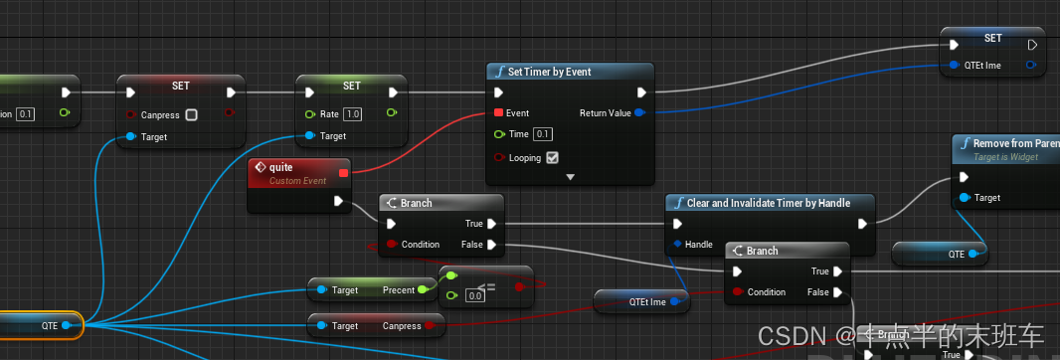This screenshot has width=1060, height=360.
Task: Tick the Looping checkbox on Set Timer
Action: [552, 157]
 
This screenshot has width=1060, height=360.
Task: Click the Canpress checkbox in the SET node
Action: [192, 115]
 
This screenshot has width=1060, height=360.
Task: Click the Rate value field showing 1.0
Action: [352, 115]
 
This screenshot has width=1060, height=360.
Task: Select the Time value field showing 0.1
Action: [543, 134]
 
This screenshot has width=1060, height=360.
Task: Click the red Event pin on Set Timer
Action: [498, 113]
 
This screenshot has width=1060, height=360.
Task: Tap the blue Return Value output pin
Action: [638, 113]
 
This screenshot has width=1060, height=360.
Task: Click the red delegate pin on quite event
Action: [343, 173]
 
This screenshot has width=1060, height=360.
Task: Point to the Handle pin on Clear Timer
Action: [678, 245]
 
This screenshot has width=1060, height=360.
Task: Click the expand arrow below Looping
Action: [571, 177]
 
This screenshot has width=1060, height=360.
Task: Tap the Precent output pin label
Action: [398, 290]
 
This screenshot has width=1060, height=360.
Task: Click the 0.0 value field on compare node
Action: [475, 295]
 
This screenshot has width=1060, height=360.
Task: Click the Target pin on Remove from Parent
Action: [964, 198]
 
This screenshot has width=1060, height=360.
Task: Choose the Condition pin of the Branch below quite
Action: [392, 245]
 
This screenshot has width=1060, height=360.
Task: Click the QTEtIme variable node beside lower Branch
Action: [641, 301]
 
